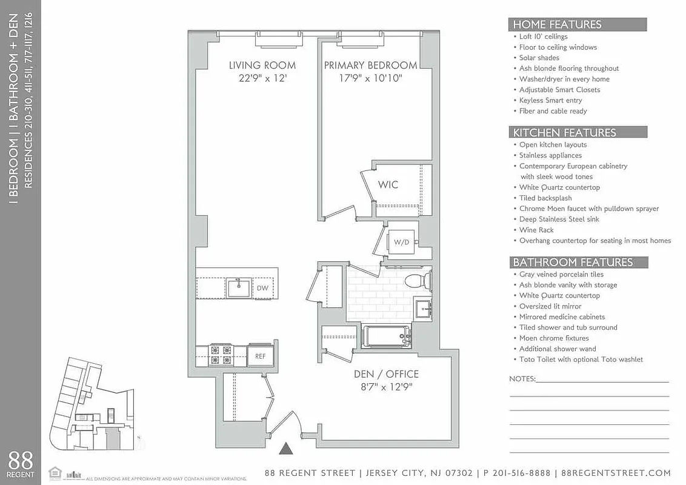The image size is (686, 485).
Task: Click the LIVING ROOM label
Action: (x=262, y=65)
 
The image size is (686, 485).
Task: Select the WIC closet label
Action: (x=388, y=184)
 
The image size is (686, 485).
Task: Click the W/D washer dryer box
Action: (x=401, y=242)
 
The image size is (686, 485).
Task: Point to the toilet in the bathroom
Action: (x=417, y=281)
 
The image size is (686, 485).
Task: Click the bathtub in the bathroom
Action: (x=387, y=336)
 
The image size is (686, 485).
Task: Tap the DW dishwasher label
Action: (x=262, y=288)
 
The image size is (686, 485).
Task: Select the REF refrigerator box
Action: (x=260, y=356)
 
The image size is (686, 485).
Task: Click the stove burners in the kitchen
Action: (x=221, y=355)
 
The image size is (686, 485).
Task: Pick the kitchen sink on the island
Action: (x=239, y=287)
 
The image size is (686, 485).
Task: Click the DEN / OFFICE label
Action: (x=386, y=374)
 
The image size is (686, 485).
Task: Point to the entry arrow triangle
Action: (x=285, y=449)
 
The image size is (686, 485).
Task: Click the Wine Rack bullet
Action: (x=536, y=230)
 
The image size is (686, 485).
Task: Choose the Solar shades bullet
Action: (x=539, y=58)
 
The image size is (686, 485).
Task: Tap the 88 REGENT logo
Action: (x=21, y=463)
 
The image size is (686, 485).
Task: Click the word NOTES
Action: (x=522, y=379)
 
